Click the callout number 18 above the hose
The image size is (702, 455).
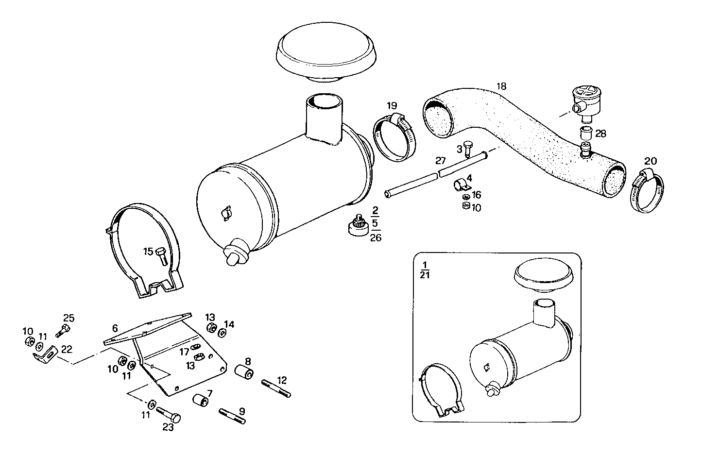coord(501,86)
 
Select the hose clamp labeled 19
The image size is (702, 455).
coord(394,136)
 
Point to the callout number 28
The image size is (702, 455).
coord(600,134)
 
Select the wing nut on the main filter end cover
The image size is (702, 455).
coord(225,214)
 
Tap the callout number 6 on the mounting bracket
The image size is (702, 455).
coord(115,328)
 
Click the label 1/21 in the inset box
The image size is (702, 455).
coord(425,270)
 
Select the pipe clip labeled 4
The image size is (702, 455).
coord(461,185)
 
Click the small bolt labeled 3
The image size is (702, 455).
coord(468,148)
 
